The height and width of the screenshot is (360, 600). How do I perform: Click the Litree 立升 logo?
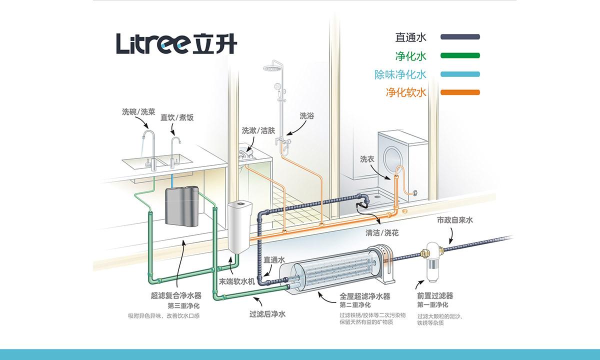(x=176, y=43)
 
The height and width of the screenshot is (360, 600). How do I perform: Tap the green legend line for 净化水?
(x=460, y=55)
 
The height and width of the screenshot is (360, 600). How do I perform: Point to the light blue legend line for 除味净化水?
(x=460, y=74)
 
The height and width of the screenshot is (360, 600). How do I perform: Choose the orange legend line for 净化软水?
(x=460, y=92)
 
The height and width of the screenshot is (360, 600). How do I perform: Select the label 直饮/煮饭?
(x=176, y=118)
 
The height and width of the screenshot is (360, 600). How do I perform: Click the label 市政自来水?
(x=454, y=220)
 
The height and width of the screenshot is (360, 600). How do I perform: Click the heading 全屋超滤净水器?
(x=364, y=296)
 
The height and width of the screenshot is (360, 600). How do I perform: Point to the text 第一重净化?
(x=432, y=304)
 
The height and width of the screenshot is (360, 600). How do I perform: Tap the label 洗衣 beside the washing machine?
(x=367, y=159)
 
